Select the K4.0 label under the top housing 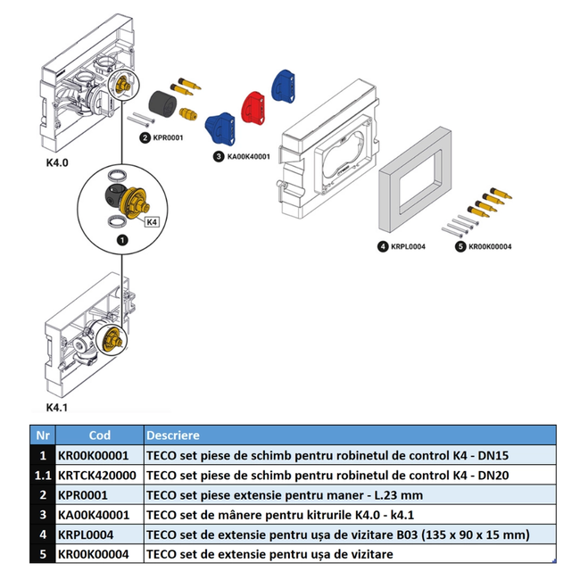pos(57,164)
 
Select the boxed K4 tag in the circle pos(151,221)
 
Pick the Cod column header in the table pos(99,435)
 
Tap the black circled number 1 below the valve pos(122,239)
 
